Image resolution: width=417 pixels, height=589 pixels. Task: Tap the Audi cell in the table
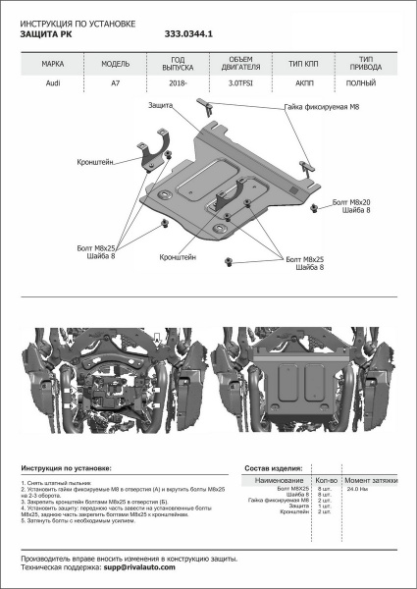(53, 83)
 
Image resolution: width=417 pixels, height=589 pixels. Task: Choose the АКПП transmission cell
(294, 83)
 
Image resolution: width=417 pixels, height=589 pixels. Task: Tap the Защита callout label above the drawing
(163, 104)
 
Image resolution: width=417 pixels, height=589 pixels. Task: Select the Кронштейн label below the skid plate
(177, 256)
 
